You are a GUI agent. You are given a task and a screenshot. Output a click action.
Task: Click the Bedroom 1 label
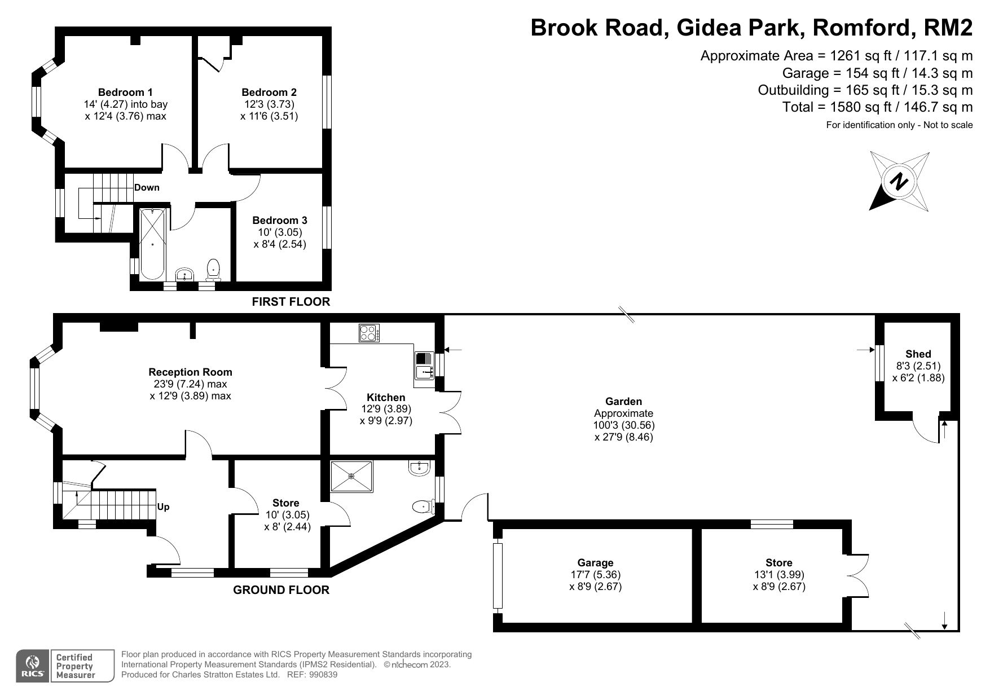[x=125, y=92]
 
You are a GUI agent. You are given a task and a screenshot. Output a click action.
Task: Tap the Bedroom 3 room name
[x=280, y=220]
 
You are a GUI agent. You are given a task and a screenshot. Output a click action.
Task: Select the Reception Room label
[x=190, y=372]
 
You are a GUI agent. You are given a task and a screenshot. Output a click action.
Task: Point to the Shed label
[x=918, y=354]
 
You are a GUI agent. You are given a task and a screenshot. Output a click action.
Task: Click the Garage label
[x=595, y=562]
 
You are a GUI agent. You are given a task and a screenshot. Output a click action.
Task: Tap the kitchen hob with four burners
[x=369, y=333]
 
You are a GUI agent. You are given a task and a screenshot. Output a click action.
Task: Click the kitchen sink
[x=423, y=365]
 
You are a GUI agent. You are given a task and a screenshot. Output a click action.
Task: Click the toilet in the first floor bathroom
[x=213, y=270]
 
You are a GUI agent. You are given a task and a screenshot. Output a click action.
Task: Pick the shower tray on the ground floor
[x=352, y=476]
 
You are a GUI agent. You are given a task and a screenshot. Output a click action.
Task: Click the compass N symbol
[x=899, y=182]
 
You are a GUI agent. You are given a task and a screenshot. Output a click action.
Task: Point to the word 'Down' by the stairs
[x=147, y=187]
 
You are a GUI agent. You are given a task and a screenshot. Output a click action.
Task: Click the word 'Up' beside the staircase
[x=163, y=507]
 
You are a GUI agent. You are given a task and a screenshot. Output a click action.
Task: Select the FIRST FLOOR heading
[x=291, y=302]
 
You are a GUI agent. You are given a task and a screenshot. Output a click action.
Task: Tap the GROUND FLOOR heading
[x=281, y=590]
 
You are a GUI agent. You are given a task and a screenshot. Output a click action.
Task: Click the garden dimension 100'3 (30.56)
[x=624, y=425]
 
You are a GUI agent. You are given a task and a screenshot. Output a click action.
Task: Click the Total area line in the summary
[x=878, y=107]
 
